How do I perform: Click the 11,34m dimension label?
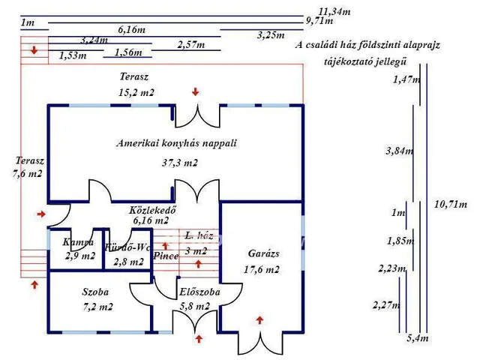coord(334,11)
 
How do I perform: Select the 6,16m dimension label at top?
coord(132,29)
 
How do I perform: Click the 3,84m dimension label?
coord(399,151)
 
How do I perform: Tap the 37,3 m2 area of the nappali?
coord(179,162)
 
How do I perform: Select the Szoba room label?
coord(96,291)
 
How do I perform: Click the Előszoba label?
coord(199,292)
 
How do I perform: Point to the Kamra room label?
coord(79,242)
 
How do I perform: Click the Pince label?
coord(166,255)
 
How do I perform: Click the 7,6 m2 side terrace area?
coord(27,173)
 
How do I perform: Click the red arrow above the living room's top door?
coord(195,92)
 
